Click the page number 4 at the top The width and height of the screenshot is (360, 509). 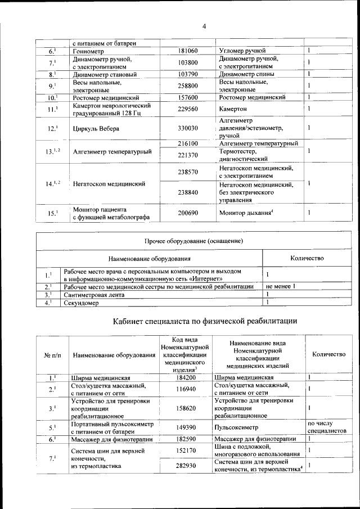point(204,26)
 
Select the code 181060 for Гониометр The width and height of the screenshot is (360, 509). point(187,51)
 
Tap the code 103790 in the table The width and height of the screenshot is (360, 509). point(187,74)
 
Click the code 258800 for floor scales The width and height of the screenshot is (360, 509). point(187,85)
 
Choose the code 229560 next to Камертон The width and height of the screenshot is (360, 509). point(187,109)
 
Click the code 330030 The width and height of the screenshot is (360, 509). point(187,128)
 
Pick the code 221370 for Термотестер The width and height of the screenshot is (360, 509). point(187,155)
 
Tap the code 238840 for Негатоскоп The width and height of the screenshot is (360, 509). point(187,192)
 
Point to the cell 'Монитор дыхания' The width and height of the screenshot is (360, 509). point(247,213)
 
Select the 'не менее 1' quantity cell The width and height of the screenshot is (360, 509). point(281,286)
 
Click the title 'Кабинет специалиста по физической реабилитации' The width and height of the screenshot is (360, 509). point(205,321)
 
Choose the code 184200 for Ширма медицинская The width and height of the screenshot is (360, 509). point(185,377)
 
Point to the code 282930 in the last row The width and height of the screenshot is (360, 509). point(185,466)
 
